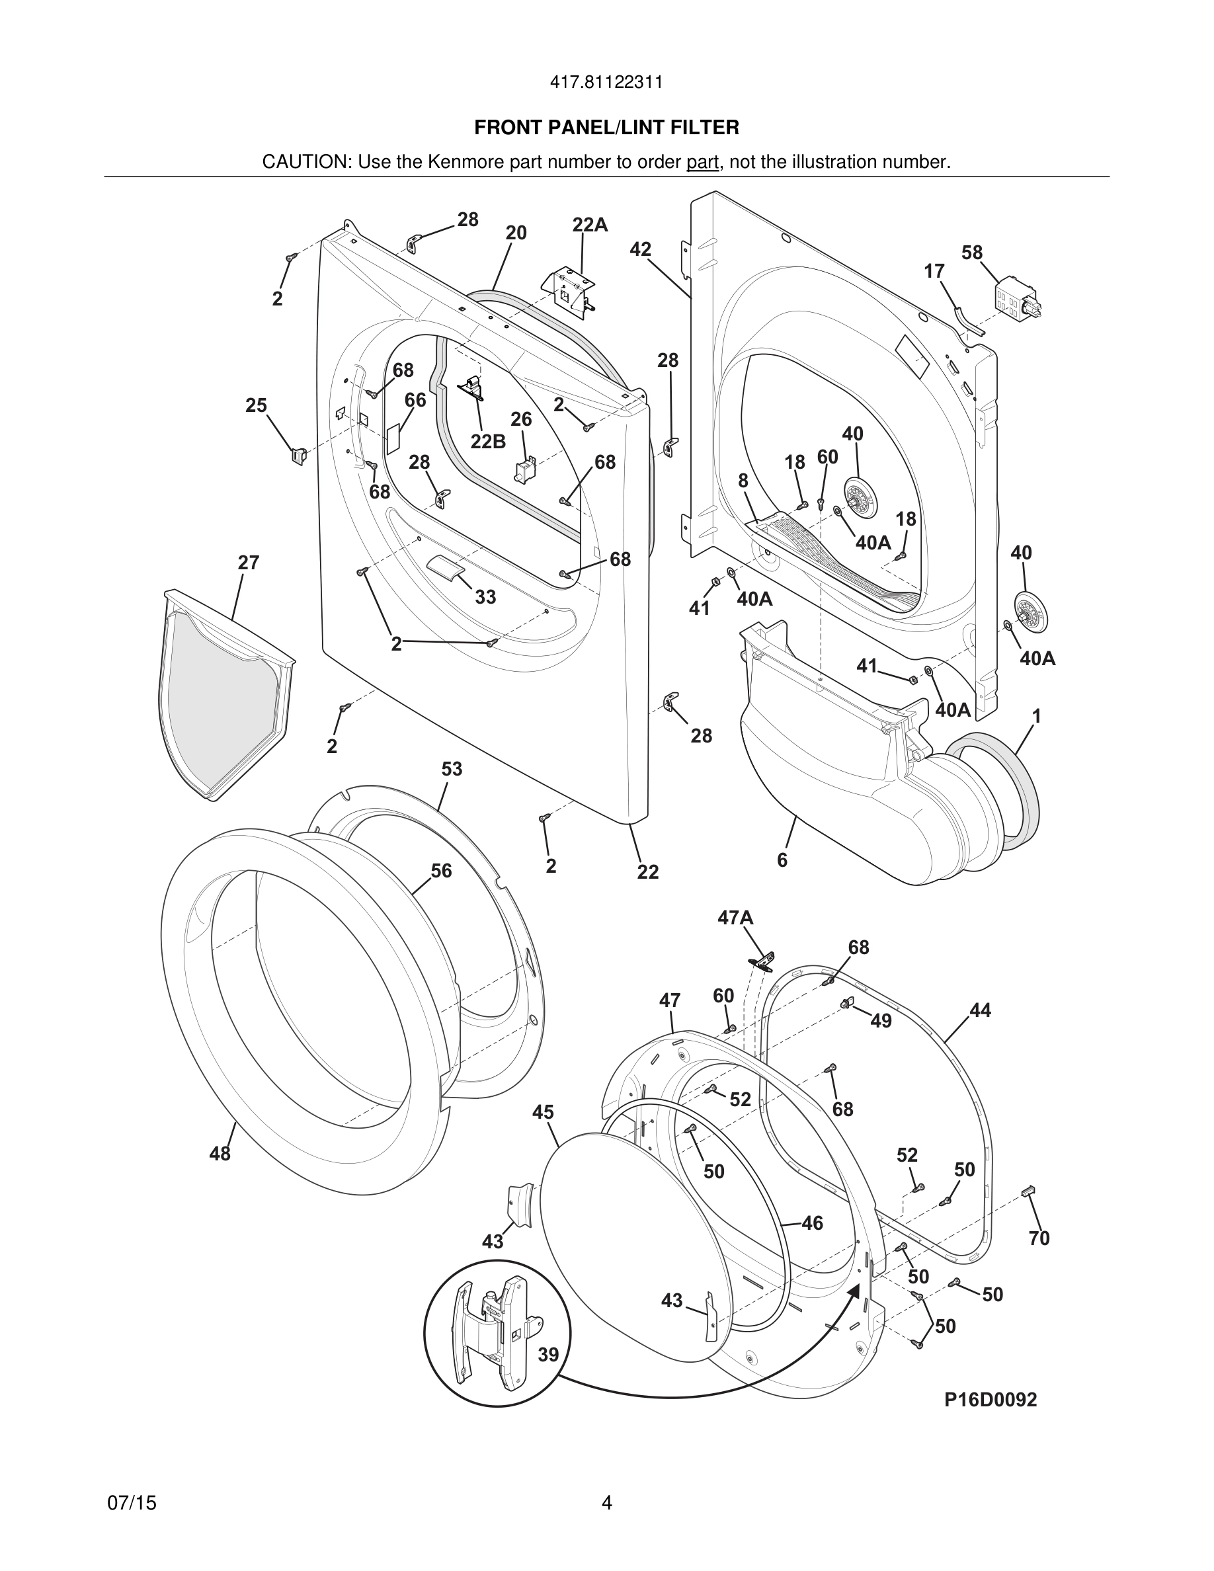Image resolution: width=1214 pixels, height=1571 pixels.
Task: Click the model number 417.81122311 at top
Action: click(x=606, y=83)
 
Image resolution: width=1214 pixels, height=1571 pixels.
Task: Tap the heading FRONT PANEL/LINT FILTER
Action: click(x=606, y=128)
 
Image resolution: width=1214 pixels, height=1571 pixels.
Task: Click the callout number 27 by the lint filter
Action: click(x=248, y=563)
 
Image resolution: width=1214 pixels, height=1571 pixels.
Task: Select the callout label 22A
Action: click(x=590, y=225)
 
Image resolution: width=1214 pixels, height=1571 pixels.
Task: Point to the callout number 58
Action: click(x=971, y=253)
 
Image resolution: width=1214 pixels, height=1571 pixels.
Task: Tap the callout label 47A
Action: click(x=735, y=918)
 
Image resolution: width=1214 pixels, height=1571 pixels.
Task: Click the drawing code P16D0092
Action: click(x=991, y=1400)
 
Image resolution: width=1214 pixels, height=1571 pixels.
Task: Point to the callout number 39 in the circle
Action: click(x=548, y=1355)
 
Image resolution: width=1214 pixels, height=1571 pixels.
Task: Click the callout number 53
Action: click(x=452, y=769)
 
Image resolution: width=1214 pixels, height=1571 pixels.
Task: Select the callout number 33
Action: click(x=485, y=597)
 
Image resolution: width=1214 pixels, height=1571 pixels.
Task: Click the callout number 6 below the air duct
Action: click(x=782, y=860)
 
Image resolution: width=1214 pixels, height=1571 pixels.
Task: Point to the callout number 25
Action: click(x=256, y=406)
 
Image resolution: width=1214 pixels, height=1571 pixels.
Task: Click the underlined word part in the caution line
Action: click(x=702, y=163)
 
